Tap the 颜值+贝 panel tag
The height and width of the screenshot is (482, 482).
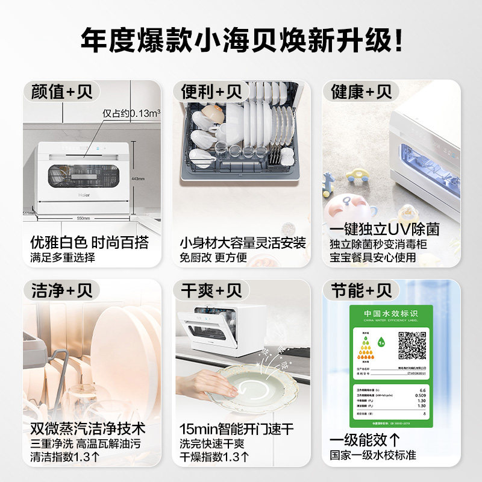[x=61, y=92]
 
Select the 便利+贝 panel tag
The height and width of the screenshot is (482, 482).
[x=211, y=92]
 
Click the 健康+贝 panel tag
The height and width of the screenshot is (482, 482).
[x=361, y=92]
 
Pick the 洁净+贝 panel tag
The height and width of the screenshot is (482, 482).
[x=61, y=291]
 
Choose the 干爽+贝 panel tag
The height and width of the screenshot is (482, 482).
[x=211, y=291]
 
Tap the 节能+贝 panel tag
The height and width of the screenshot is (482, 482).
[x=361, y=291]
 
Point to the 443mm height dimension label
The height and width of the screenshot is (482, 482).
[x=139, y=178]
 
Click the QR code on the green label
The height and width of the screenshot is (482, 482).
[x=412, y=345]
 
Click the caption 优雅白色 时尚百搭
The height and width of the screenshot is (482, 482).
[x=89, y=243]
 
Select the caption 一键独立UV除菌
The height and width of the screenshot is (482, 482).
[x=384, y=230]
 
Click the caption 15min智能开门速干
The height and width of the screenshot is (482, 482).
[x=237, y=430]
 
